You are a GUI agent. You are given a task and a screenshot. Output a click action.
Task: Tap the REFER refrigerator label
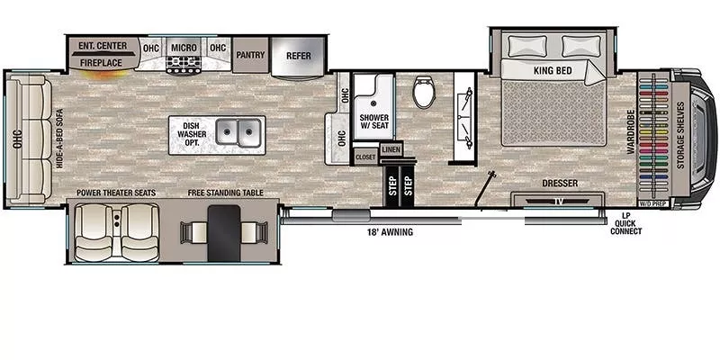(298, 55)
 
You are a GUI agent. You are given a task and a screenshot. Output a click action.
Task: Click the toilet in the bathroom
(423, 93)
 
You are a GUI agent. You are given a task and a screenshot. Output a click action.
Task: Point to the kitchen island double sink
(238, 135)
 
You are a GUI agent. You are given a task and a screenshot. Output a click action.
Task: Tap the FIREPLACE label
(101, 64)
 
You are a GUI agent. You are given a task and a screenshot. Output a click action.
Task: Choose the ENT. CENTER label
(101, 46)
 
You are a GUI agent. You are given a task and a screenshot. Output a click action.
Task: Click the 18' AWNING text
(391, 232)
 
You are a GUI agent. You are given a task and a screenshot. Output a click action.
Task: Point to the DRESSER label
(560, 184)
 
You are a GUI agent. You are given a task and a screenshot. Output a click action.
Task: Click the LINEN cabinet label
(391, 149)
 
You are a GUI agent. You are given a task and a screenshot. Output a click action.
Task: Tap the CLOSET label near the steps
(365, 157)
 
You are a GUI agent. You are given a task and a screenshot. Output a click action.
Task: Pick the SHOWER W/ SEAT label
(373, 121)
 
